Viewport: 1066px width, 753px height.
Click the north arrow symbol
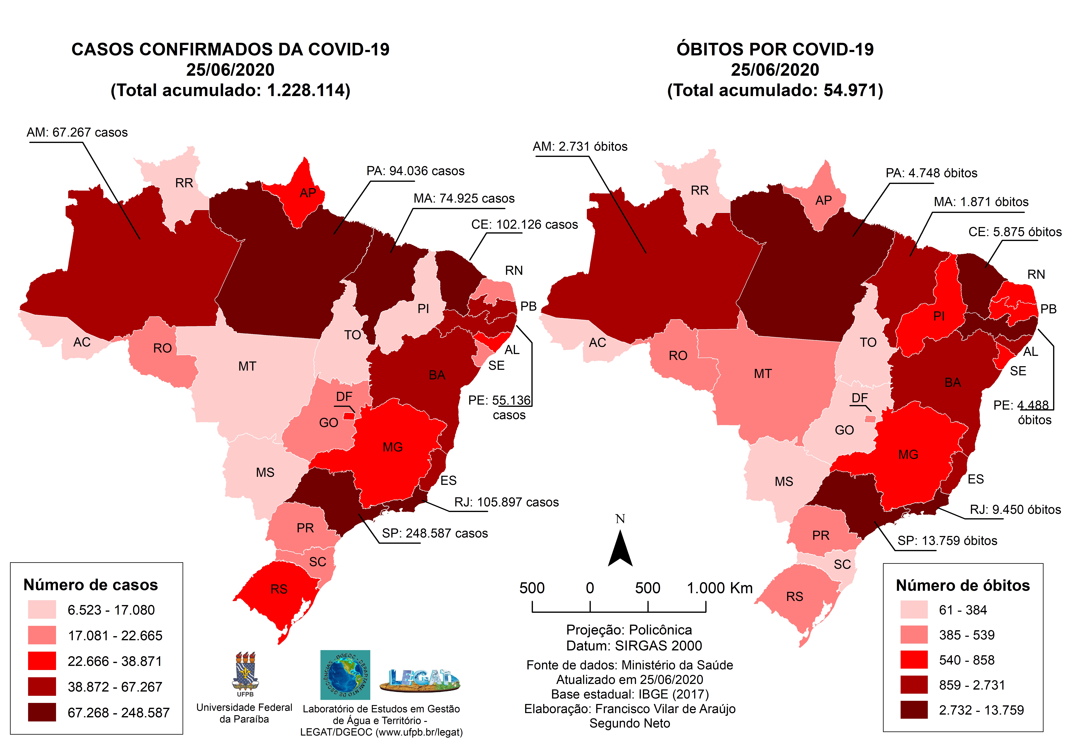point(620,549)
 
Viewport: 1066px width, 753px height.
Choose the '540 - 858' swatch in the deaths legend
point(914,660)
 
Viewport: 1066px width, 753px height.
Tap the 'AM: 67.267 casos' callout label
point(77,133)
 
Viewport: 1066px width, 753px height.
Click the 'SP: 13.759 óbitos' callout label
point(947,541)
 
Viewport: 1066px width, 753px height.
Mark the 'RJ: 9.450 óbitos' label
point(1015,510)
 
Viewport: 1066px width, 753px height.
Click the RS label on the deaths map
point(794,597)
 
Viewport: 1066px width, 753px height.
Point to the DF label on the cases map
point(344,397)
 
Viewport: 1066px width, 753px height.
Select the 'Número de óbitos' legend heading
point(962,585)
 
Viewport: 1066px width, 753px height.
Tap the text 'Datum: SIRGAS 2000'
point(634,646)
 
